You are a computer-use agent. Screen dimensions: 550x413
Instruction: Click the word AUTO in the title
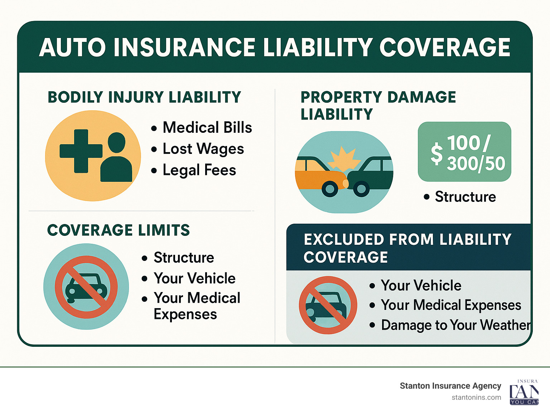[x=72, y=47]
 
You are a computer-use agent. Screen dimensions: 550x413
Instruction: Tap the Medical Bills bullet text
[x=207, y=127]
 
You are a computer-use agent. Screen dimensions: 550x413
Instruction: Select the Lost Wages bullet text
[x=203, y=149]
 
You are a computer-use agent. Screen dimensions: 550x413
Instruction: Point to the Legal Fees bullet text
[x=199, y=170]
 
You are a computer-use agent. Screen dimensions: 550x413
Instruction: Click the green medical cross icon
[x=81, y=151]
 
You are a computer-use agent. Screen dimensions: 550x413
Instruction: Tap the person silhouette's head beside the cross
[x=116, y=142]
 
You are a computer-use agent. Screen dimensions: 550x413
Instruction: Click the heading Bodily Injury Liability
[x=144, y=97]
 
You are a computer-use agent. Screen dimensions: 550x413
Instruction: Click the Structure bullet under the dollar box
[x=465, y=196]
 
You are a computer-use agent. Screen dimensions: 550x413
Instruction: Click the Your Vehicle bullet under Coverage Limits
[x=194, y=278]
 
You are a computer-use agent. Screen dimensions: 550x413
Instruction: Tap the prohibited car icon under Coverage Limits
[x=86, y=287]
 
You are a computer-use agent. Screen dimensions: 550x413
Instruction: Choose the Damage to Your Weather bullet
[x=456, y=325]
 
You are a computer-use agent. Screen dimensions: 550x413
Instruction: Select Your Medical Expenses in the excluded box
[x=451, y=305]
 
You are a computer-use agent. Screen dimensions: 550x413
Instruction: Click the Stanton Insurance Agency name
[x=450, y=386]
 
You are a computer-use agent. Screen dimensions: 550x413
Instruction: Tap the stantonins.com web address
[x=476, y=398]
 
